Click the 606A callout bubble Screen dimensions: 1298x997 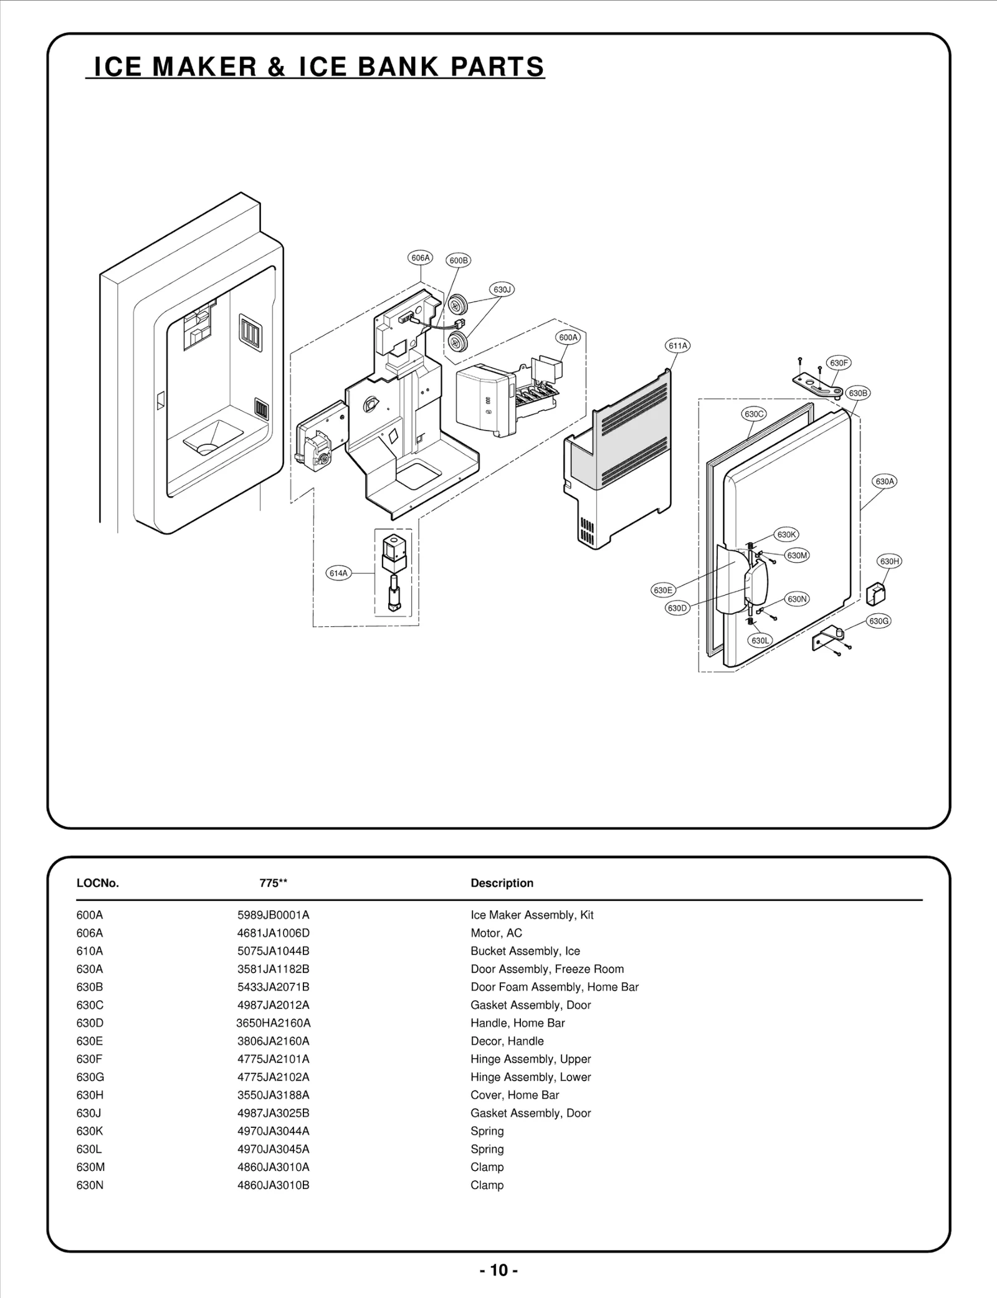coord(421,257)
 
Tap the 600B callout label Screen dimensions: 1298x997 coord(459,260)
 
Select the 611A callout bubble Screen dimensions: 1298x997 coord(678,346)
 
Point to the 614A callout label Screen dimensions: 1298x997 coord(338,573)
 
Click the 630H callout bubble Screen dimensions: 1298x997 coord(889,561)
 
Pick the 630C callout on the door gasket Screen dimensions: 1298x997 coord(754,414)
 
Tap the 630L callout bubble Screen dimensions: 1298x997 coord(760,641)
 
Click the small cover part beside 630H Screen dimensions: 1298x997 coord(875,593)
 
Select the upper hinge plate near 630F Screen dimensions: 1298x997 coord(817,384)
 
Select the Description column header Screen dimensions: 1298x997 coord(502,883)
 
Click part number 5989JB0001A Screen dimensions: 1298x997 coord(273,915)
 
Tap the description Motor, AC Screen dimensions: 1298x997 coord(496,933)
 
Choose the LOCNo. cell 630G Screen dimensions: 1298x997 coord(90,1077)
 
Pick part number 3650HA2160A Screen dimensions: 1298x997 coord(273,1023)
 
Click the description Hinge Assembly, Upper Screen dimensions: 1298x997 coord(530,1059)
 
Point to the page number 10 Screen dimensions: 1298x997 coord(499,1270)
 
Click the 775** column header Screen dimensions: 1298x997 coord(273,883)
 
